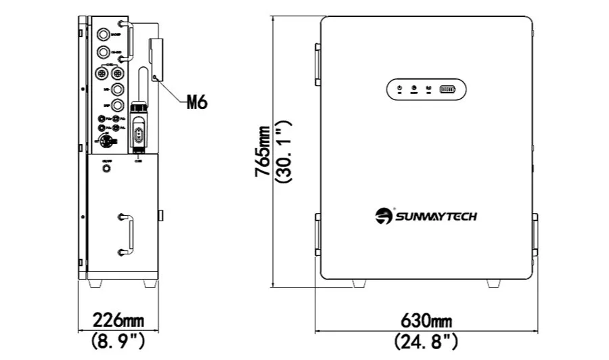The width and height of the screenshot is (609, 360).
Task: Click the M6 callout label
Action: pos(196,102)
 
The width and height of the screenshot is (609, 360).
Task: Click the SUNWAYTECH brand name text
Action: pos(436,217)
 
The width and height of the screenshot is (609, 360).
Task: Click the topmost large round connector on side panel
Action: pos(104,34)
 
